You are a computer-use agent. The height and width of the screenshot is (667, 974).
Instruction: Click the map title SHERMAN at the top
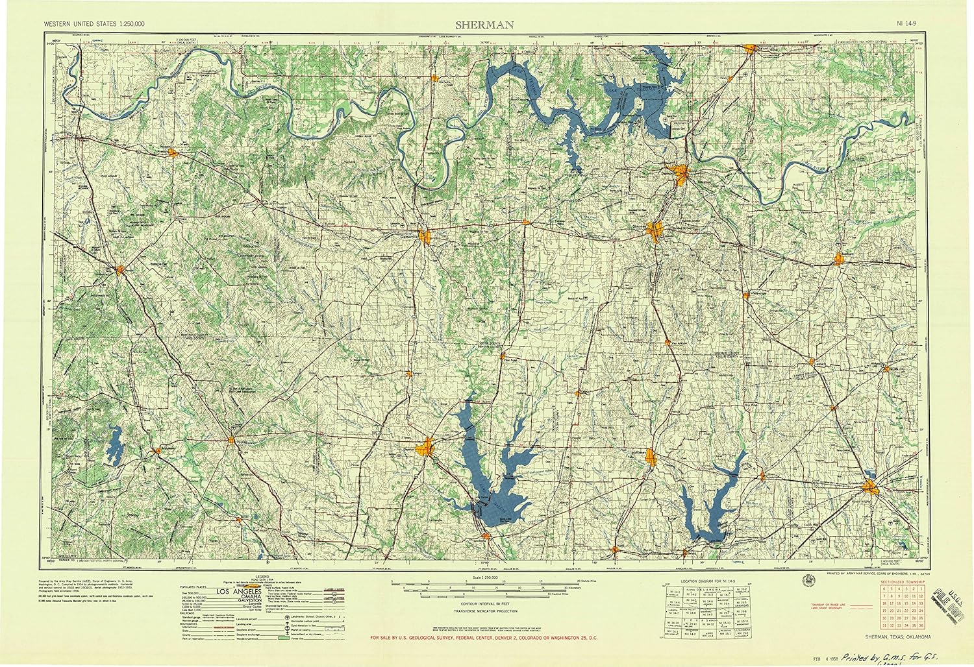(484, 25)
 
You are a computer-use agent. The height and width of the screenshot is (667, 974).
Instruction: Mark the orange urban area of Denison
(681, 174)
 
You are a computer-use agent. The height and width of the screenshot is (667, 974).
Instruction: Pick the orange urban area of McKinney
(652, 459)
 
